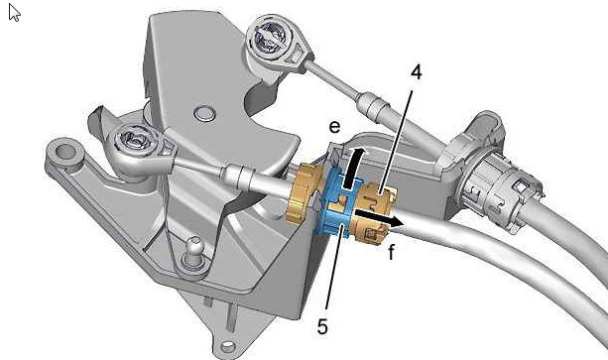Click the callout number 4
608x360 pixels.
coord(416,72)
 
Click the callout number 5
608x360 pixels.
coord(322,326)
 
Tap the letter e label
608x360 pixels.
coord(334,127)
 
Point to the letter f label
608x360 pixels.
coord(391,252)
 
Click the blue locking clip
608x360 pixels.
coord(336,202)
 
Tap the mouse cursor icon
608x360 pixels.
coord(14,13)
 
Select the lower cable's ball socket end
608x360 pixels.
coord(138,151)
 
